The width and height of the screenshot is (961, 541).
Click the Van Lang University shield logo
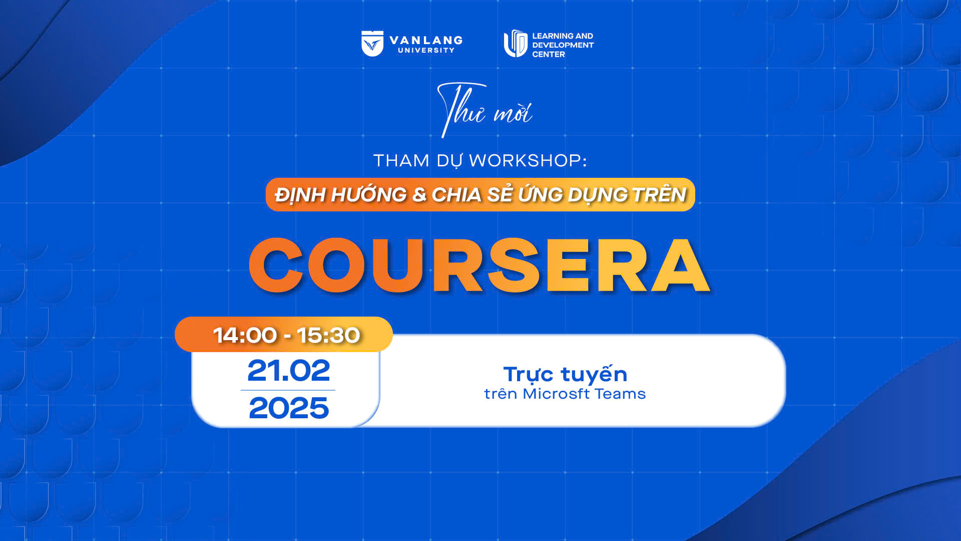point(372,44)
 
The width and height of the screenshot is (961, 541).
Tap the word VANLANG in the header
point(426,40)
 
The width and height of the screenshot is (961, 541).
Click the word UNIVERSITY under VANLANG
point(426,50)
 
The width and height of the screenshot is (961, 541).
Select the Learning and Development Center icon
point(516,44)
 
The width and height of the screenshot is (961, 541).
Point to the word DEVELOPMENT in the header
point(563,45)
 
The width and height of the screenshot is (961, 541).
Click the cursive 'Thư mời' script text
point(485,110)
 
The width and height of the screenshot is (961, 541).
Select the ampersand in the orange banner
point(419,195)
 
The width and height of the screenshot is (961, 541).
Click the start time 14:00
point(245,335)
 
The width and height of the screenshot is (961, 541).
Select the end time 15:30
point(328,335)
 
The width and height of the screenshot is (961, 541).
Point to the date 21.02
point(289,371)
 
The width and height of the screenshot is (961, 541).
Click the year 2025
point(289,408)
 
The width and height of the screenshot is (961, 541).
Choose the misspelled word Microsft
point(556,394)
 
